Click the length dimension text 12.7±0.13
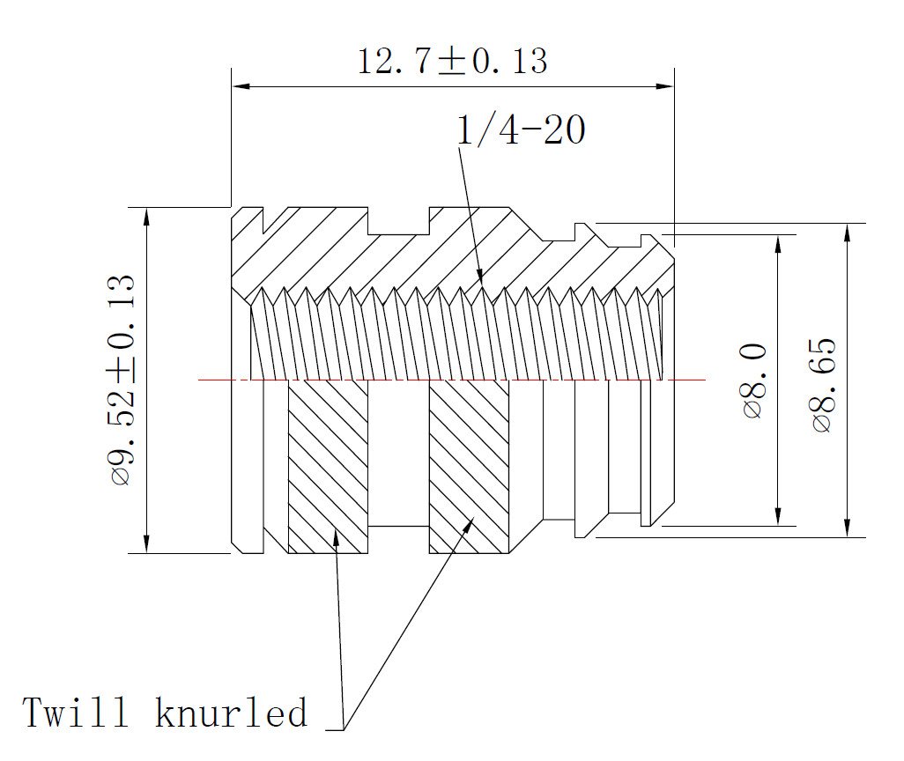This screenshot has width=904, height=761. pos(452,61)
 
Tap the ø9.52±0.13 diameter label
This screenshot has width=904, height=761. pos(122,380)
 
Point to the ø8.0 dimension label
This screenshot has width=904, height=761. pos(755,380)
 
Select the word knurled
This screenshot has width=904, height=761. pos(232,712)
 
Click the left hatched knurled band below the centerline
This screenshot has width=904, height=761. pos(328,467)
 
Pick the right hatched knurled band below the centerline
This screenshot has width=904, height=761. pos(469,467)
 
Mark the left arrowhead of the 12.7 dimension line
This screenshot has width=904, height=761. pos(240,86)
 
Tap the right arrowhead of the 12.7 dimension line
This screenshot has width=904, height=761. pos(666,86)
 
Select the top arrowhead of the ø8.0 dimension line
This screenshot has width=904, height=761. pos(778,242)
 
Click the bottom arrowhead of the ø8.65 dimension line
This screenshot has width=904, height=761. pos(847,528)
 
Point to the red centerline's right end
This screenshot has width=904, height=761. pos(704,380)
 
